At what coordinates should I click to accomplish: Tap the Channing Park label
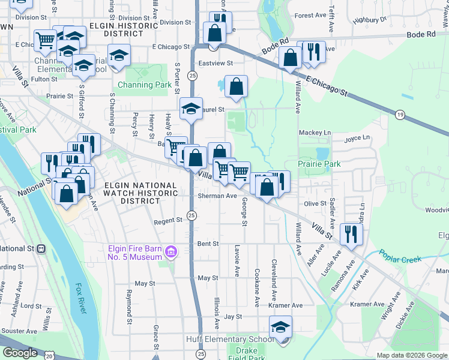(145, 85)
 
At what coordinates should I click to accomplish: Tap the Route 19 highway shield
(400, 113)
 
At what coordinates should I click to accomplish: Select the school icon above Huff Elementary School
(280, 327)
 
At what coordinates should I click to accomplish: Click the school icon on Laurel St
(191, 109)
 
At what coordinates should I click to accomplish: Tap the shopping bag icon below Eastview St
(237, 86)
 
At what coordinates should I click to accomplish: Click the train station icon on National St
(41, 248)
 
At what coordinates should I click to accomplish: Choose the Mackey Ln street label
(319, 133)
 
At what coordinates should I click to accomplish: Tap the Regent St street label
(168, 221)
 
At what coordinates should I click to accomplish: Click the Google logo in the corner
(20, 353)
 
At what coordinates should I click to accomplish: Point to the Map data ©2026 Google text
(411, 355)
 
